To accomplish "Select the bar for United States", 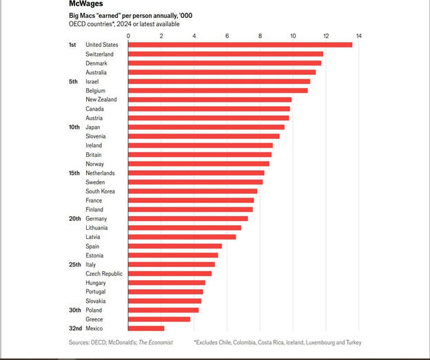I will coord(240,45).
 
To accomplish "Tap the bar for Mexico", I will coord(146,328).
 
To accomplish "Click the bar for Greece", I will coord(159,319).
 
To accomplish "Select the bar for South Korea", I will coord(193,191).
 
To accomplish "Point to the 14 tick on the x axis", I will coord(359,35).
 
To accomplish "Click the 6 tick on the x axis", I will coord(227,35).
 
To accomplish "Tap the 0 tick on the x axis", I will coord(129,35).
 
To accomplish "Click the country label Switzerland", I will coord(100,54).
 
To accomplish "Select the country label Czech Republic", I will coord(104,274).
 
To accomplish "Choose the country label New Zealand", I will coord(101,100).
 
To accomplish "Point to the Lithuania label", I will coord(98,228).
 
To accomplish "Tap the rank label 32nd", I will coord(74,328).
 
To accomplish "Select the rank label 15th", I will coord(74,173).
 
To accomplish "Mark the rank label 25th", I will coord(74,264).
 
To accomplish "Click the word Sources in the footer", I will coord(80,342).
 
